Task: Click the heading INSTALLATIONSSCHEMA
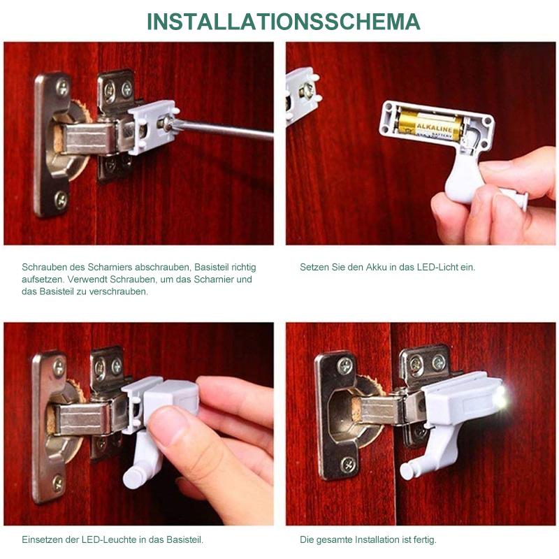coord(283,22)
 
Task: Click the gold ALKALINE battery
coord(428,124)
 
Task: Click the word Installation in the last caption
coord(379,540)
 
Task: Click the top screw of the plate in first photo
coord(62,88)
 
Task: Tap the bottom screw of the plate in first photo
coord(61,201)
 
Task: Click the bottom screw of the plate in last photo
coord(347,464)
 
